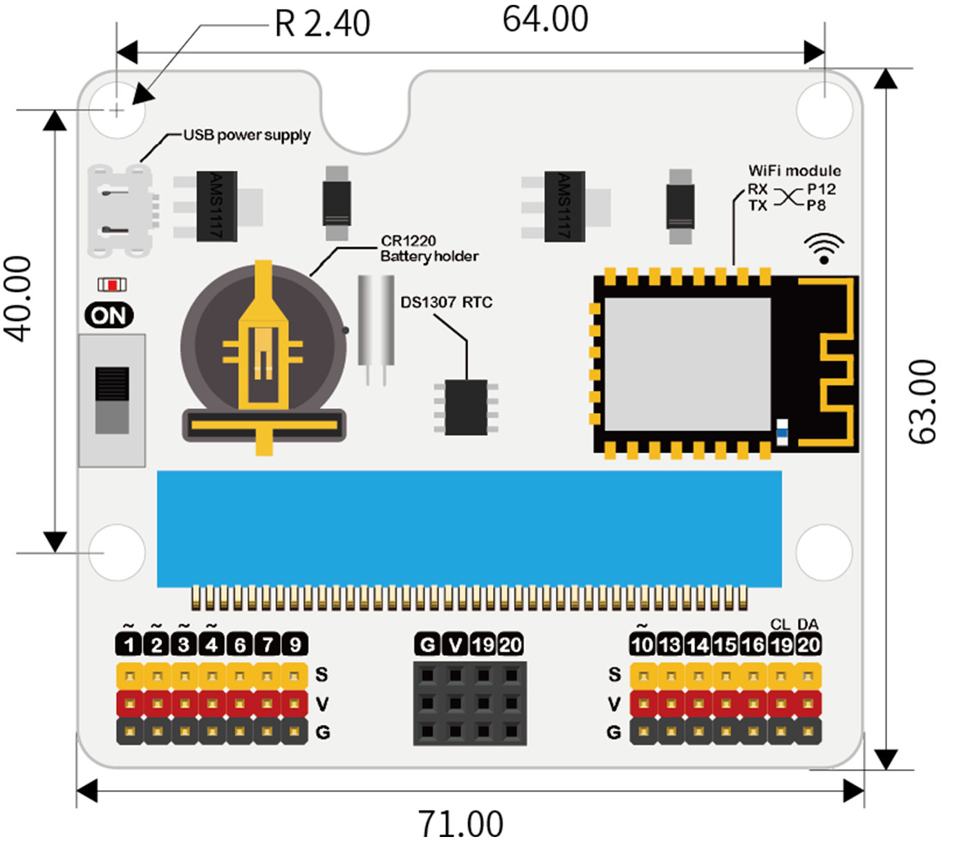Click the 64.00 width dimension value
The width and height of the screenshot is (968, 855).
click(545, 19)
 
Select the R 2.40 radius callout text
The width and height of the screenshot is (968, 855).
click(322, 24)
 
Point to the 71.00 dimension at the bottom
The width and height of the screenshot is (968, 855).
click(460, 824)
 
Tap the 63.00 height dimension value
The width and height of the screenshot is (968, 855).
click(922, 401)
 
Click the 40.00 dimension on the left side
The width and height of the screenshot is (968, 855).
click(19, 299)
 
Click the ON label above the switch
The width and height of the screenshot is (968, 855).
click(109, 315)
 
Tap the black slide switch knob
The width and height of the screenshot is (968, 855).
click(112, 385)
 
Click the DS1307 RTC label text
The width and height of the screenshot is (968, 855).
click(446, 302)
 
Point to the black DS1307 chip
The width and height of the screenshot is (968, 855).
click(466, 407)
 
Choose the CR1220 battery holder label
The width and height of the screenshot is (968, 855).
click(429, 248)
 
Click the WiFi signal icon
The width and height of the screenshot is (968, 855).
click(823, 248)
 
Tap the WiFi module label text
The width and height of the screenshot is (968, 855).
click(794, 171)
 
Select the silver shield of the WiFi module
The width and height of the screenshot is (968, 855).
click(687, 365)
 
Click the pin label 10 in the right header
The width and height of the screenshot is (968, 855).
click(642, 645)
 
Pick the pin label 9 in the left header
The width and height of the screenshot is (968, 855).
click(295, 645)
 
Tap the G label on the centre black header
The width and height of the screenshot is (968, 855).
click(428, 645)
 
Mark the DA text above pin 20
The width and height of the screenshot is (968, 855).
click(808, 625)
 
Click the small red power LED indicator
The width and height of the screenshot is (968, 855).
click(112, 285)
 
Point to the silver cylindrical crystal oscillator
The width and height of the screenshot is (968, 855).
click(376, 320)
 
